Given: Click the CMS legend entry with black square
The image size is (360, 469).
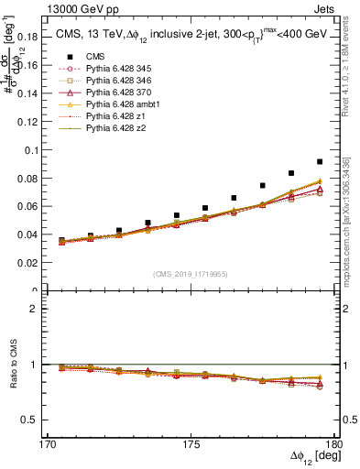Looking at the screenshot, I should pos(95,58).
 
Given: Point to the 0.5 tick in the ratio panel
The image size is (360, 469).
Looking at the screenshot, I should pos(36,420).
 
